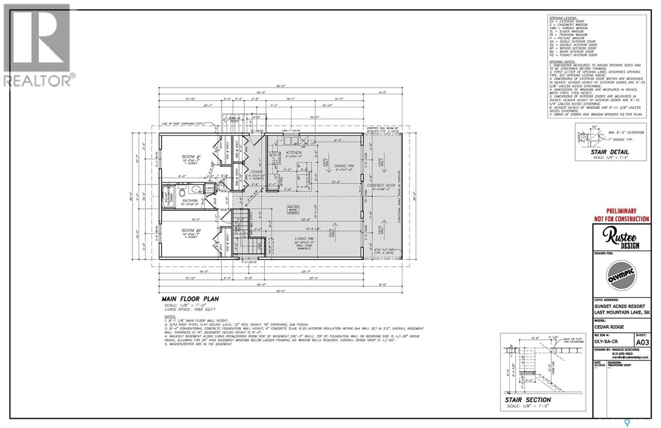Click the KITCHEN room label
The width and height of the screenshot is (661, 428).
[x=293, y=153]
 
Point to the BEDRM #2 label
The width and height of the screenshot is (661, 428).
[x=191, y=230]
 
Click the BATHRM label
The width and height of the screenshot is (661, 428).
[x=190, y=201]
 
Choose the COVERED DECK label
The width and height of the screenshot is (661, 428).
[x=381, y=185]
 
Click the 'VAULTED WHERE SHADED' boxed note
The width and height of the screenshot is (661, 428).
[x=293, y=210]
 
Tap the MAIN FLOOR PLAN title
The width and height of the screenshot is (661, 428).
[x=190, y=299]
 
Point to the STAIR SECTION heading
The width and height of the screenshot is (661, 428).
[x=528, y=400]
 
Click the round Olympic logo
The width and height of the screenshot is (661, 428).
[x=621, y=275]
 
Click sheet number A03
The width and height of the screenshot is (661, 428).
[x=642, y=342]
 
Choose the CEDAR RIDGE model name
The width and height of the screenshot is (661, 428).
[x=609, y=327]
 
